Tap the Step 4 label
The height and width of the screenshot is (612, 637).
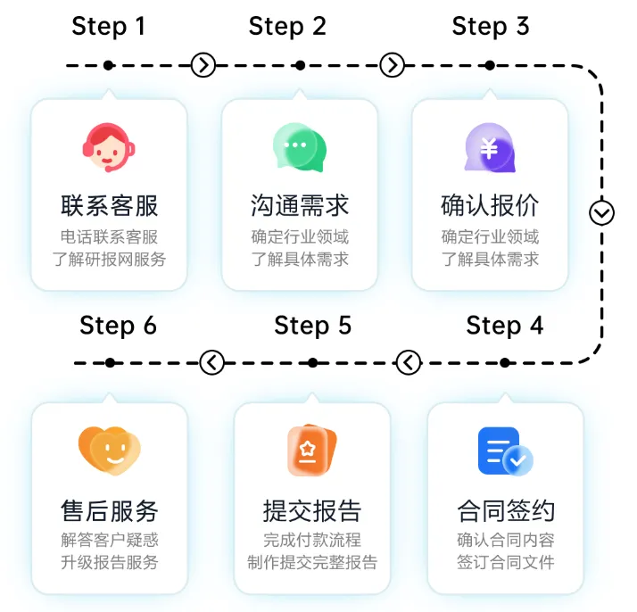click(x=504, y=325)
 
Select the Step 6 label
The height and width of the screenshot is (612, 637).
click(x=118, y=325)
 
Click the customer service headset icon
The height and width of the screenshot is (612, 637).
click(x=109, y=148)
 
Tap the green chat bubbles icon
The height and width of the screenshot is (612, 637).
click(x=299, y=148)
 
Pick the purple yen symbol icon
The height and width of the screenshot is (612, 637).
click(x=489, y=148)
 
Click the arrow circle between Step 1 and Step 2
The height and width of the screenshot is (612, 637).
click(x=203, y=65)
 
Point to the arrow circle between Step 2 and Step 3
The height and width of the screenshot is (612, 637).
click(x=393, y=65)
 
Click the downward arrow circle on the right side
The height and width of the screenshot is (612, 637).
click(x=602, y=213)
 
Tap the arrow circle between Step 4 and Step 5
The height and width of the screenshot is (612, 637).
click(x=408, y=362)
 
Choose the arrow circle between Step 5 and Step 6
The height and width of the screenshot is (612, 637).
click(x=212, y=362)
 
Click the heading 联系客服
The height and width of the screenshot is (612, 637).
click(x=109, y=206)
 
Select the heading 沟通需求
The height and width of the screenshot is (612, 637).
click(x=299, y=206)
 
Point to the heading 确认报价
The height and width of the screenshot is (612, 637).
click(x=489, y=206)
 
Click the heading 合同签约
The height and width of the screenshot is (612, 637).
click(x=505, y=511)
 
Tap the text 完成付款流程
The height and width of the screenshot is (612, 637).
click(x=312, y=540)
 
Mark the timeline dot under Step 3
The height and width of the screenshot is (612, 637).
click(x=489, y=65)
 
